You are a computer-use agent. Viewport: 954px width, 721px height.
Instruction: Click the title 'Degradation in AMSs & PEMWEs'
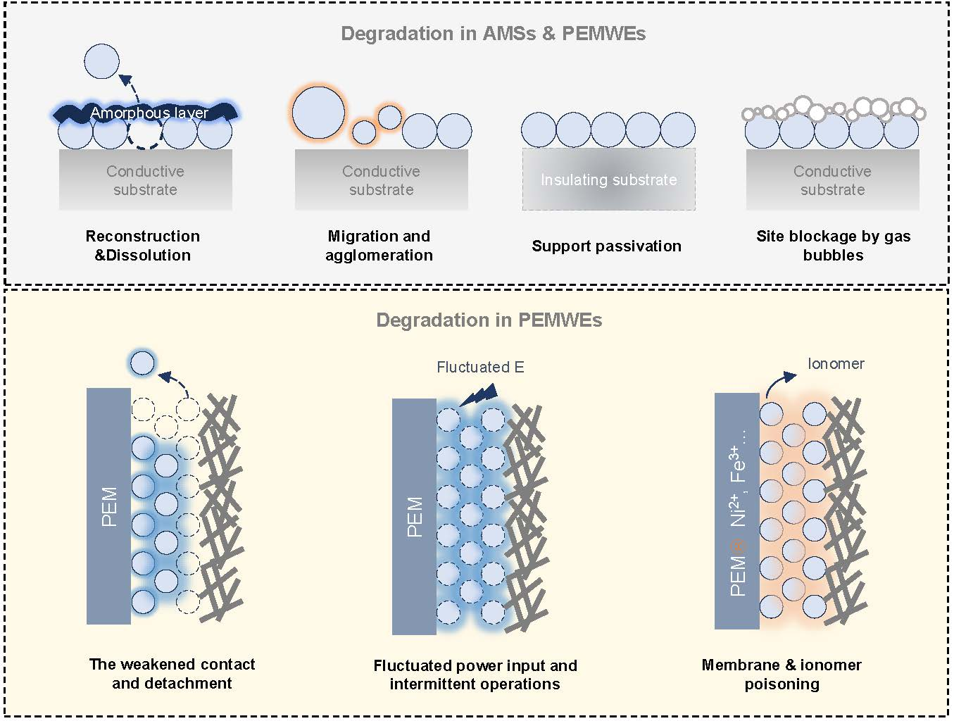tap(493, 34)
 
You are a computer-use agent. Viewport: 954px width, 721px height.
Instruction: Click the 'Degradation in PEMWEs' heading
tap(489, 320)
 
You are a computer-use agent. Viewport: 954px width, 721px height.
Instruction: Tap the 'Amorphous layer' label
tap(149, 113)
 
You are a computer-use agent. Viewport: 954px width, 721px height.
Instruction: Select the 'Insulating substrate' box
tap(608, 180)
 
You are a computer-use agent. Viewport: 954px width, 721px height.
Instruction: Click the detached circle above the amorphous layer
tap(101, 61)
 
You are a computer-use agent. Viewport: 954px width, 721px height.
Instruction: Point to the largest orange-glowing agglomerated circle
tap(318, 113)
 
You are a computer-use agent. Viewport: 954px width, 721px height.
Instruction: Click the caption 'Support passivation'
tap(606, 246)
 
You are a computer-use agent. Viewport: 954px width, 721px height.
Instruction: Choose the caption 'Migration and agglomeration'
tap(379, 246)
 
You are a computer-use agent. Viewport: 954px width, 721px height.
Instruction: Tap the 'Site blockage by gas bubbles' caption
tap(833, 246)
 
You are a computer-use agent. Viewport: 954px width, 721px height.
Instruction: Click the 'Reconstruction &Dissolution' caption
tap(143, 246)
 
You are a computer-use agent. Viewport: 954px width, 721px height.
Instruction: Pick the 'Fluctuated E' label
tap(480, 367)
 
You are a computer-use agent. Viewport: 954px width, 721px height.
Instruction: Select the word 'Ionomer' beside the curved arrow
tap(836, 363)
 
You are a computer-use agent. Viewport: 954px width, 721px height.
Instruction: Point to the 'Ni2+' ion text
tap(737, 510)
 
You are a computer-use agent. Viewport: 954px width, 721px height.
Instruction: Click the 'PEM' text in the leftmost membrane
tap(109, 507)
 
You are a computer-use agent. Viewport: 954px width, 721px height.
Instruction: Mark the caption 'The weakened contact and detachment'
tap(172, 674)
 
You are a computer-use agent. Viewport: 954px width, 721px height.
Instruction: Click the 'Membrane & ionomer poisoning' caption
tap(782, 675)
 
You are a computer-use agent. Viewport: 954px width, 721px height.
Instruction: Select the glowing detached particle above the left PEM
tap(142, 363)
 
